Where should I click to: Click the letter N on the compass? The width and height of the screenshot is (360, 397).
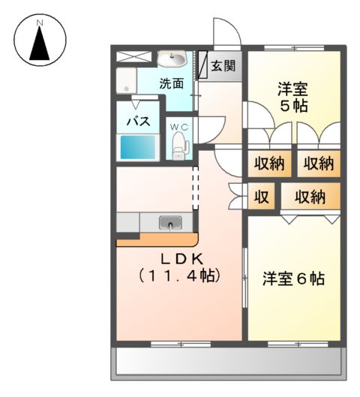[40, 23]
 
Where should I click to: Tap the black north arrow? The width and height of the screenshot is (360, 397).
[40, 46]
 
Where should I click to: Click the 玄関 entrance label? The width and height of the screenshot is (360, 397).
[222, 66]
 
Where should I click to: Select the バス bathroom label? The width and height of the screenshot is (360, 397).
[137, 122]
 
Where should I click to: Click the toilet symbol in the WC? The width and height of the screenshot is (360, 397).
[178, 145]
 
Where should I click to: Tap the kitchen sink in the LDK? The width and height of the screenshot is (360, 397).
[170, 222]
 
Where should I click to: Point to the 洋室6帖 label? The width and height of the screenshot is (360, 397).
[293, 279]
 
